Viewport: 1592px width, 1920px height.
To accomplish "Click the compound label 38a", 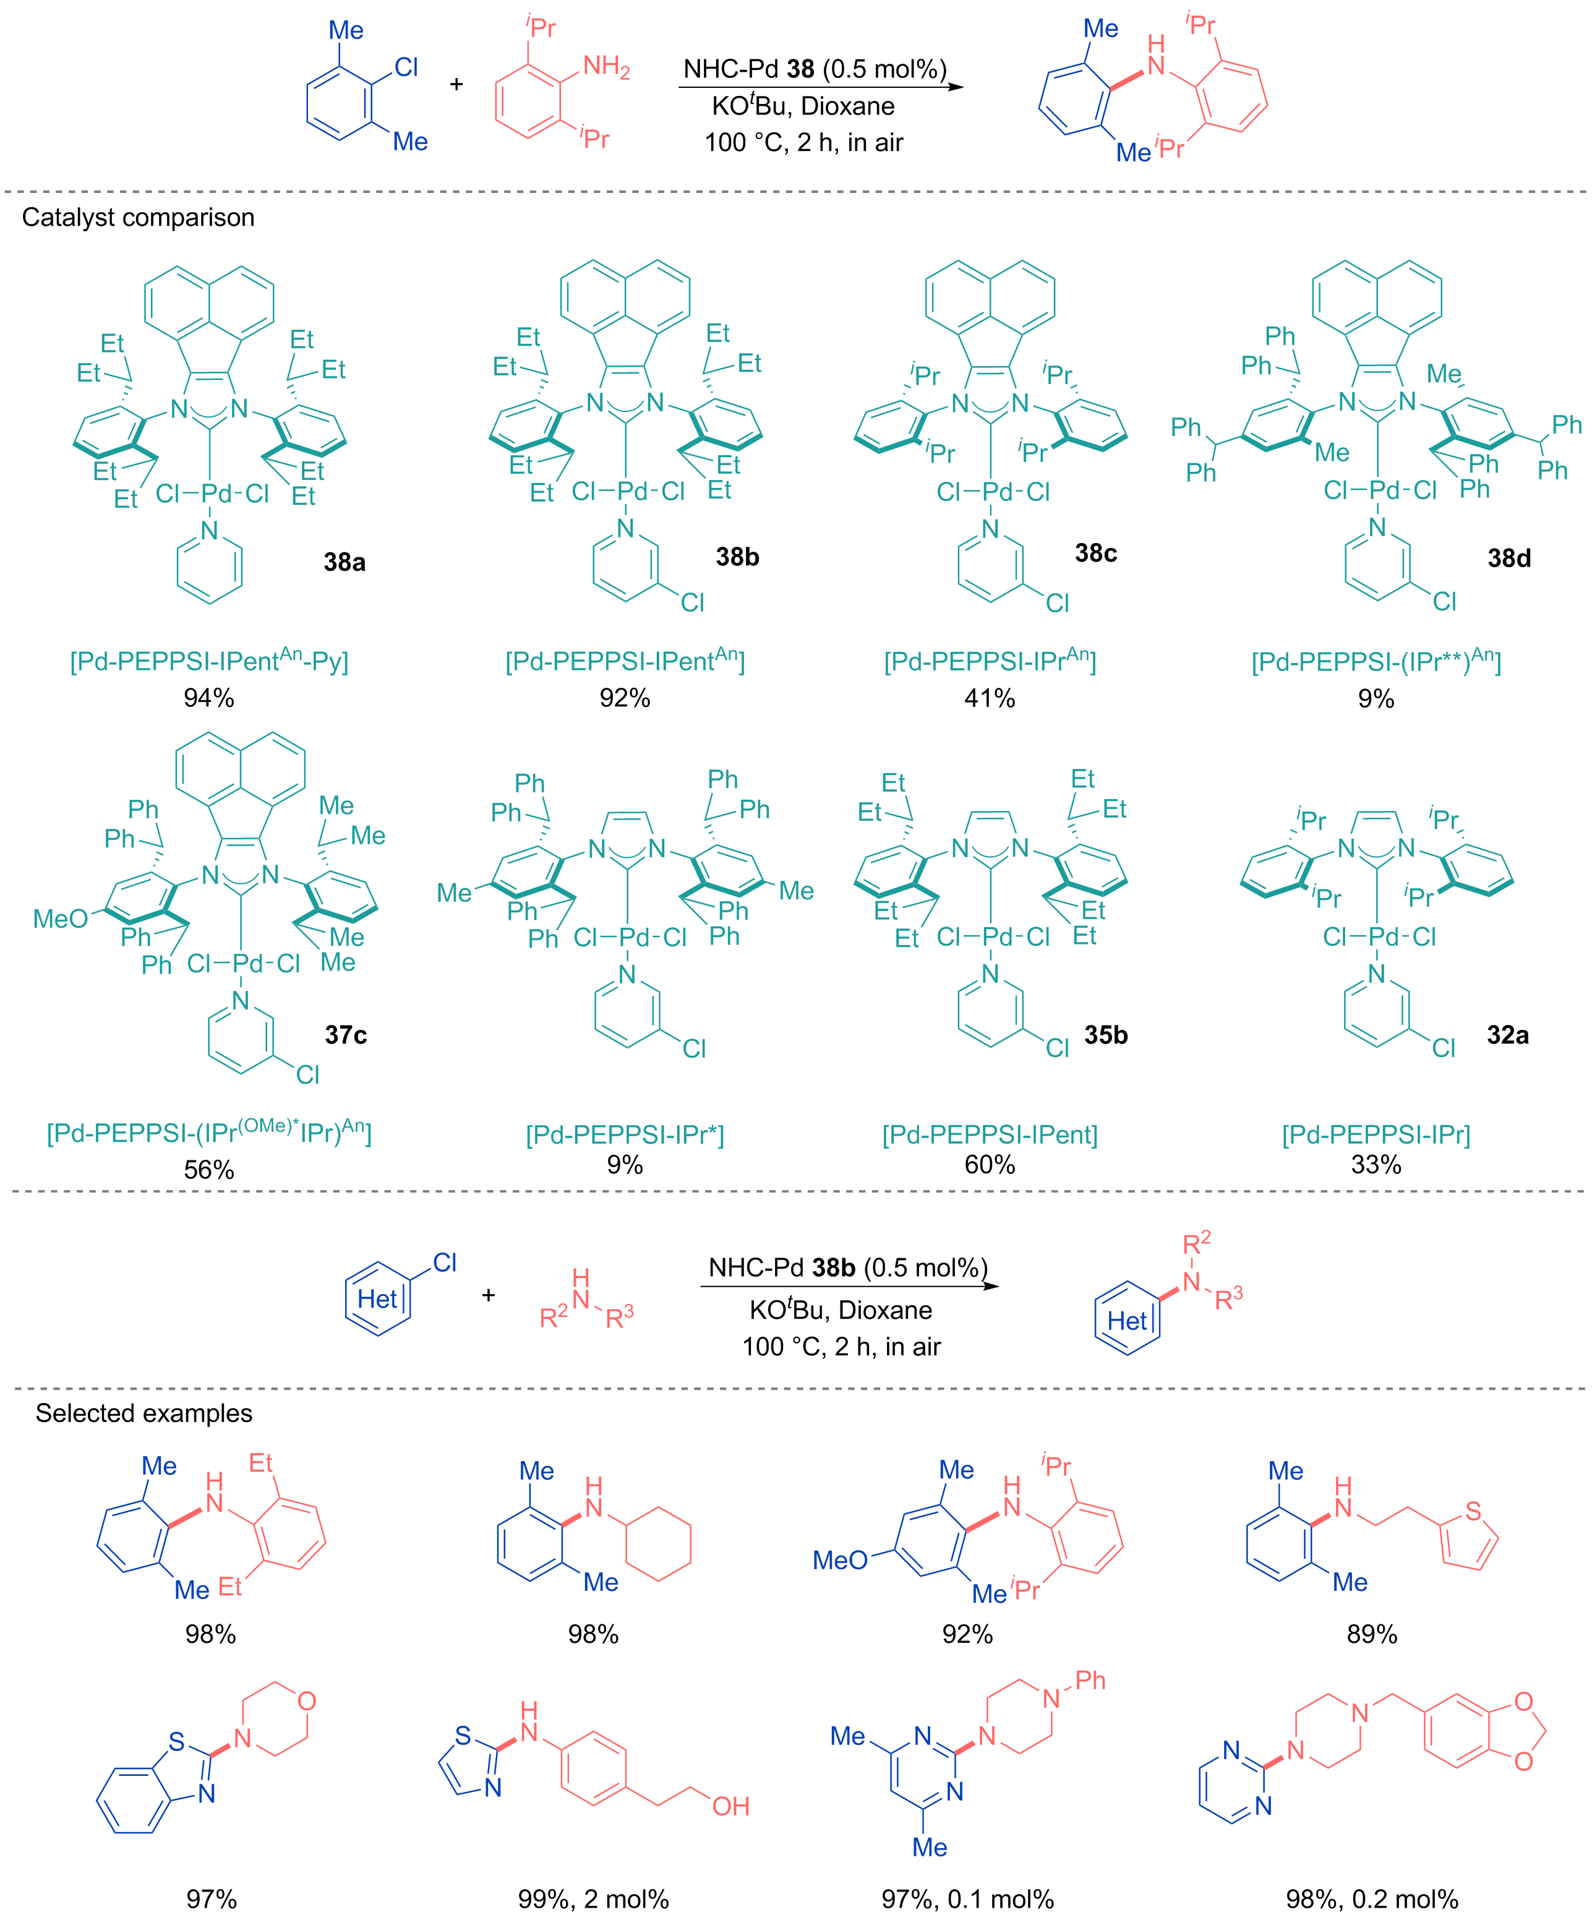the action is point(345,562).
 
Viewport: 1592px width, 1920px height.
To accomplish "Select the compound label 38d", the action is point(1509,558).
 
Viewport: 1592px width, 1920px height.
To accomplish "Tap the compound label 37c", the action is point(346,1035).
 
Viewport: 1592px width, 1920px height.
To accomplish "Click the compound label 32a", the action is point(1507,1035).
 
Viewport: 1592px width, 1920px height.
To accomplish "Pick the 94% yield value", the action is point(210,698).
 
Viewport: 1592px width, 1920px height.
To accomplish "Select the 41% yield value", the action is point(990,698).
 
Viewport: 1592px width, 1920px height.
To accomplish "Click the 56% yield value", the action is point(210,1170).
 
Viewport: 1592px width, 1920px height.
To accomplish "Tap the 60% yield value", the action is point(990,1165).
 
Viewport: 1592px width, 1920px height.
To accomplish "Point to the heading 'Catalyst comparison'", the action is point(138,218).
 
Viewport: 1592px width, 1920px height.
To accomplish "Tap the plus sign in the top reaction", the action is point(456,84).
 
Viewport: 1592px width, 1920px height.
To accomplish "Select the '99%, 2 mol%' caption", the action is point(594,1900).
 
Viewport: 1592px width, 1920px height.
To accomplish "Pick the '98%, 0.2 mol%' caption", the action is point(1372,1900).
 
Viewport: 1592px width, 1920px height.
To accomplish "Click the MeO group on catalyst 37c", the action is point(61,919).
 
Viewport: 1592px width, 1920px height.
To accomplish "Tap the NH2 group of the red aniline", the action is point(606,67).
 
